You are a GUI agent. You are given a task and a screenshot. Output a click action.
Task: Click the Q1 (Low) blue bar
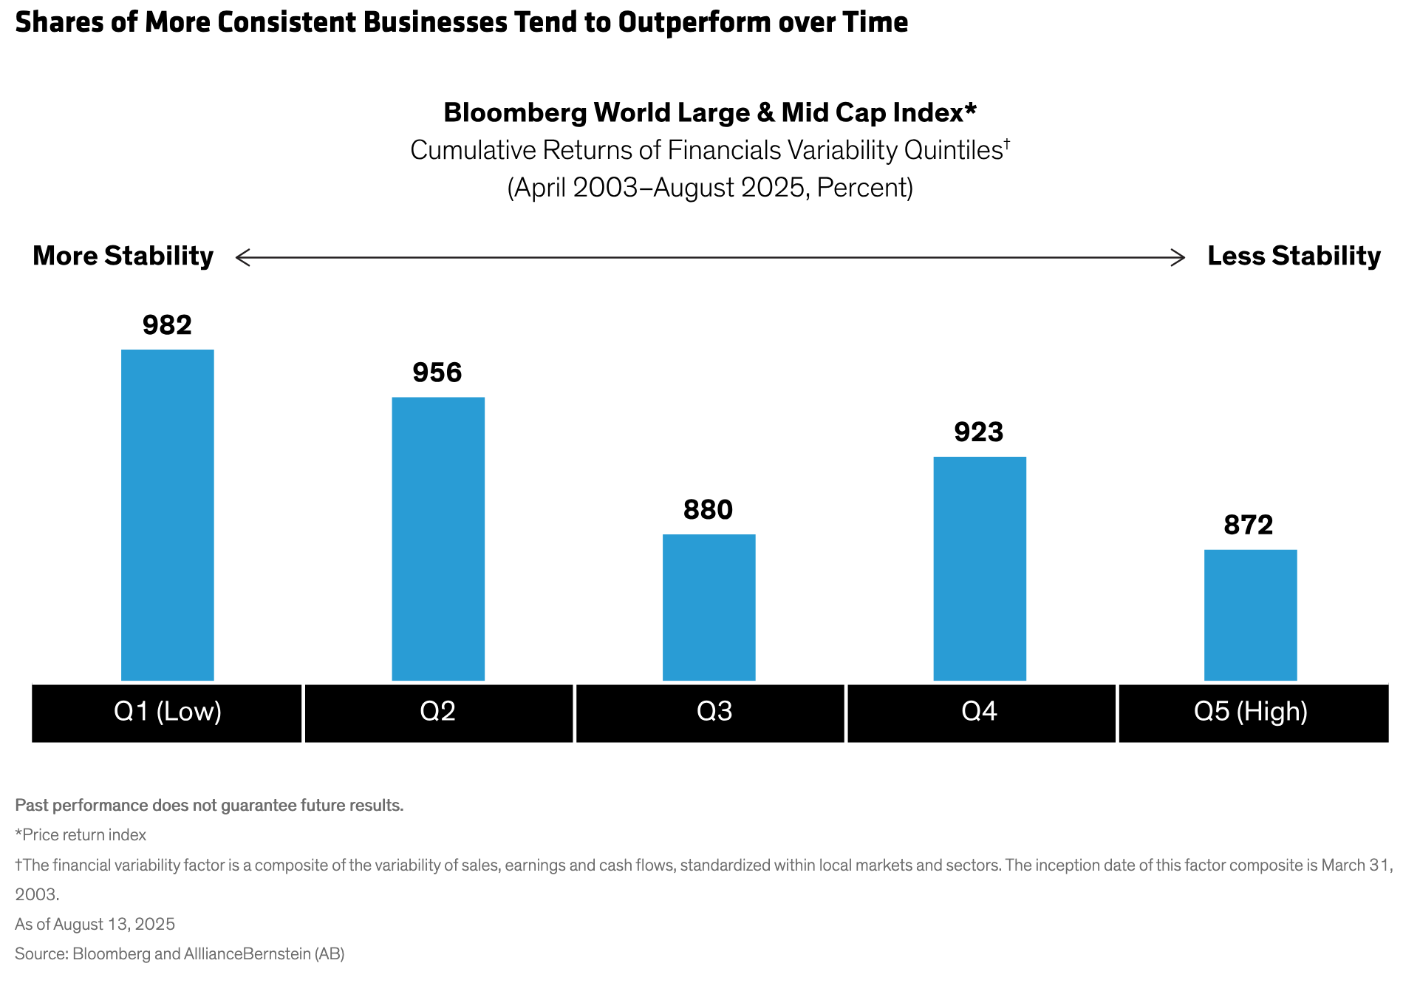click(x=168, y=514)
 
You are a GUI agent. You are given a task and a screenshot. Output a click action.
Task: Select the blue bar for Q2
click(x=438, y=538)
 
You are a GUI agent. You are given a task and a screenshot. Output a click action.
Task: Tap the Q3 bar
click(x=709, y=607)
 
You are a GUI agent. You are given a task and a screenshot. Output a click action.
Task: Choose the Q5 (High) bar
click(x=1250, y=614)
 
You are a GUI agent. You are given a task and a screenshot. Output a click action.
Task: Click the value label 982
click(x=168, y=325)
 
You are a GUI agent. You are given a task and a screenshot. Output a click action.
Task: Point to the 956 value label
click(x=437, y=373)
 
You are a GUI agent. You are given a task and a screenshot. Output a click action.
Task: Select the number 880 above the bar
click(x=708, y=510)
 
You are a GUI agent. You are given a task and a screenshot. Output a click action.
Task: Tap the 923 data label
click(x=979, y=432)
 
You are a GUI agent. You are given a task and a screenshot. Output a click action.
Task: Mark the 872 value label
click(x=1249, y=525)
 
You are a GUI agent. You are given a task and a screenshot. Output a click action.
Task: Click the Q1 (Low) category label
click(x=168, y=712)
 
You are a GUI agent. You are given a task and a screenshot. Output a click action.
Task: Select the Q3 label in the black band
click(x=714, y=712)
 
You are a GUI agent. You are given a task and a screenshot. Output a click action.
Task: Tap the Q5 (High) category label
click(x=1251, y=712)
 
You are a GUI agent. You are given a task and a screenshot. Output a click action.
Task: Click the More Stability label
click(x=123, y=256)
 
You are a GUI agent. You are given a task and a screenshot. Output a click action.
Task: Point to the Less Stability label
click(x=1294, y=256)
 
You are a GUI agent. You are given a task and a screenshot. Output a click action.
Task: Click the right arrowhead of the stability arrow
click(x=1181, y=257)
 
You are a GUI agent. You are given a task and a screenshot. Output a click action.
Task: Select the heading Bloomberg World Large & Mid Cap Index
click(x=710, y=112)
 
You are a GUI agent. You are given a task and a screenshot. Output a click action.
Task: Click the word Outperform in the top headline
click(x=690, y=22)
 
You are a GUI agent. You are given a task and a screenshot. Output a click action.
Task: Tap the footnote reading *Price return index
click(x=81, y=835)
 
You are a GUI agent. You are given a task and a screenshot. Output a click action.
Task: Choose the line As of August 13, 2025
click(x=95, y=925)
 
